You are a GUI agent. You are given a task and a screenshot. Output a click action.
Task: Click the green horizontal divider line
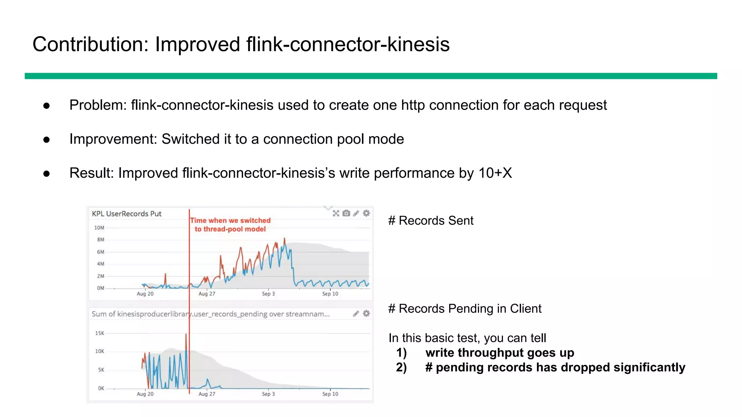coord(371,76)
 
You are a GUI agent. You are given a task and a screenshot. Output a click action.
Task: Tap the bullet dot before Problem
coord(46,106)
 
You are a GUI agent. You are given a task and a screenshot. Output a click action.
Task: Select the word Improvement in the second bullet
coord(113,139)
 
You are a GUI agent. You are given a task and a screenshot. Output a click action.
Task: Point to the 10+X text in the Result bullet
coord(495,173)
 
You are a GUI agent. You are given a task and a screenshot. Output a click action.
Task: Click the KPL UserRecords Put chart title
coord(126,214)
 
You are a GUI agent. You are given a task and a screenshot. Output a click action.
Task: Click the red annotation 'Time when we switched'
coord(230,220)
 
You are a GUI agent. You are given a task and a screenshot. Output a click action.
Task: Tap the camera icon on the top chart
coord(346,213)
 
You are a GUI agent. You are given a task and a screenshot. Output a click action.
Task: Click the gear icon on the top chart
coord(366,213)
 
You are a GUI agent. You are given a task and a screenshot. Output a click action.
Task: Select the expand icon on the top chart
coord(336,213)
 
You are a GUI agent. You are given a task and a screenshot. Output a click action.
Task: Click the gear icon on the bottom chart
coord(366,313)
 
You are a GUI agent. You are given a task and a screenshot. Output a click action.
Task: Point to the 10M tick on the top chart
coord(99,228)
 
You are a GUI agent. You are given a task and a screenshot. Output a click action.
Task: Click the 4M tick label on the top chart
coord(100,264)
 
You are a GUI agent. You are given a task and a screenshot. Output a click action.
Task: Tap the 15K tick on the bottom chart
coord(100,333)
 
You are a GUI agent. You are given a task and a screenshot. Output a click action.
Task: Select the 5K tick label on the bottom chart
coord(101,370)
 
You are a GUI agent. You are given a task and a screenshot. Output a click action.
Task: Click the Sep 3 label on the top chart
coord(268,294)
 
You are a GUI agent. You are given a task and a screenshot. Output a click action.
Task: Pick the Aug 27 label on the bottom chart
coord(207,394)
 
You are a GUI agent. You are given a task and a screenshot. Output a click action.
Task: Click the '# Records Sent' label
coord(431,220)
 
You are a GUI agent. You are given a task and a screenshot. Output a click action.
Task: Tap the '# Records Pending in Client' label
coord(465,308)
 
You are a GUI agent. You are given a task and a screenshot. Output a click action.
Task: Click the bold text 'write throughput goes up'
coord(500,353)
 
